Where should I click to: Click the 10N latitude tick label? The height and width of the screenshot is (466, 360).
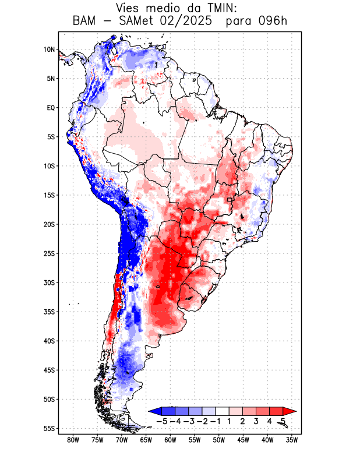tap(49, 50)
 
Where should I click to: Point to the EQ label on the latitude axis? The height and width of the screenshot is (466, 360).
tap(51, 108)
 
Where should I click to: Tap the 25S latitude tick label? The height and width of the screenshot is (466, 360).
tap(49, 253)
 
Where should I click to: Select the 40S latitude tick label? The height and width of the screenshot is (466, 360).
tap(49, 341)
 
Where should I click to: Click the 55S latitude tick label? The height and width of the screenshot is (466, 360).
tap(49, 428)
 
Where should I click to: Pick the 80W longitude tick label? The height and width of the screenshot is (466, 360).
tap(73, 440)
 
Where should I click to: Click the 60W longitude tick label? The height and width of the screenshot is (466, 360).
tap(170, 440)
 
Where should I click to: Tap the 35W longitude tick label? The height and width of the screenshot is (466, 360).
tap(292, 440)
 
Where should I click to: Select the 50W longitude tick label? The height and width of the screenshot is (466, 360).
tap(219, 440)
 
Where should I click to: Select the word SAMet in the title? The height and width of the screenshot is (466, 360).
tap(135, 22)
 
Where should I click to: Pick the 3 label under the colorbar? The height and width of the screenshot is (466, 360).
tap(256, 421)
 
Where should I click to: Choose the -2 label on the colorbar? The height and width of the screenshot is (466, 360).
tap(203, 421)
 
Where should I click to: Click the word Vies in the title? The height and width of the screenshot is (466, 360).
tap(130, 8)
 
